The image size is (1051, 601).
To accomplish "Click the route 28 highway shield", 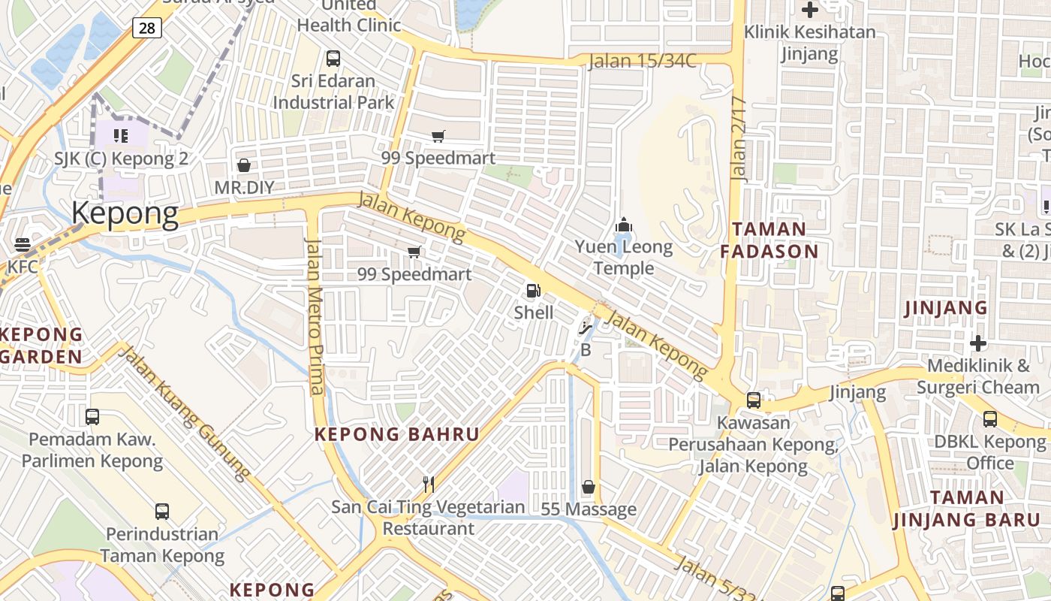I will point(146,29).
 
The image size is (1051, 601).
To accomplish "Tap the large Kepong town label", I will point(125,214).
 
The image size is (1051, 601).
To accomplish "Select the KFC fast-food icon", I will point(22,244).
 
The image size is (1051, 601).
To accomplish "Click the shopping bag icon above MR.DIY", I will point(243,165).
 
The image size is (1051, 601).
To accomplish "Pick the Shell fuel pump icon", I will point(533,291).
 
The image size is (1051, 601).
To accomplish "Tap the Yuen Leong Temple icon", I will point(623,225).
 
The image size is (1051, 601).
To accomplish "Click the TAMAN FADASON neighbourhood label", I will point(769,240).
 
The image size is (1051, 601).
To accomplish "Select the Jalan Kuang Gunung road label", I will point(185,412).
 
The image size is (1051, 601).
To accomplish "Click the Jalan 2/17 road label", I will point(739,139).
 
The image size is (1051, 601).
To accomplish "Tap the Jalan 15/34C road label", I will point(643,61).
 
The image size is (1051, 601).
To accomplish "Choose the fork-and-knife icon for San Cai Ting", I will point(429,485).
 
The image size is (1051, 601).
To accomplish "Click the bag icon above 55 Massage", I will point(589,487).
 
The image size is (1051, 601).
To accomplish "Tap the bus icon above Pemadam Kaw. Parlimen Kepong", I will point(92,416).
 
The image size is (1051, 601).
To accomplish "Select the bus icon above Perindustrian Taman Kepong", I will point(161,512).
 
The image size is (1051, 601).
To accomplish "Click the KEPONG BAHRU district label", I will point(396,434).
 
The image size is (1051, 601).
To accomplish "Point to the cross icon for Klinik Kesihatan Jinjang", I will point(809,10).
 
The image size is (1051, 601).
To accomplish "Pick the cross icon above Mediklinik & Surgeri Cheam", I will point(977,343).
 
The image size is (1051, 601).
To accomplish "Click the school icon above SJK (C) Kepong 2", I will point(120,136).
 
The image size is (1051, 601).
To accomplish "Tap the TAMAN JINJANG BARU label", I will point(967,509).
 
